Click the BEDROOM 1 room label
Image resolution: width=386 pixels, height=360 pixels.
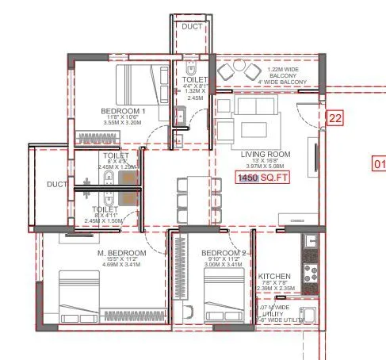123,110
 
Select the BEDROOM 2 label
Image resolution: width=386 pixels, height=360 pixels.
227,252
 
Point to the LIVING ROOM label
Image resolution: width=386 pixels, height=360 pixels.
266,154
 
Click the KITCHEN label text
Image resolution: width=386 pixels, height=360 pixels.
274,278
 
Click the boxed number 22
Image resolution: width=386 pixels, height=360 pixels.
334,118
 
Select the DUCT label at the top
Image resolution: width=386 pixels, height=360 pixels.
193,26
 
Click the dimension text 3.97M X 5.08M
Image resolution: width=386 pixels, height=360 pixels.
266,167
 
